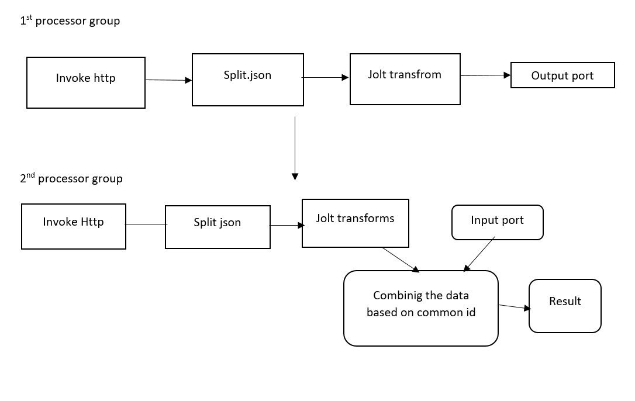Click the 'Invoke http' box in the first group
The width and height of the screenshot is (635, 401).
(86, 82)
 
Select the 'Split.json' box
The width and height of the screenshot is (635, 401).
(248, 80)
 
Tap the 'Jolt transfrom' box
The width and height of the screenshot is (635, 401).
(405, 79)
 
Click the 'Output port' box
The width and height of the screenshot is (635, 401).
(562, 75)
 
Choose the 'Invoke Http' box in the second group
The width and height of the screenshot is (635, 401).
(74, 226)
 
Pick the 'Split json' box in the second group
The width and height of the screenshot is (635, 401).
(218, 227)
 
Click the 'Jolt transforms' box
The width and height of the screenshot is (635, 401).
(355, 223)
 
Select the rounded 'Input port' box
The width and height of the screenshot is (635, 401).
(497, 222)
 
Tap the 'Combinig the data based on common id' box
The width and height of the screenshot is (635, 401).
(421, 308)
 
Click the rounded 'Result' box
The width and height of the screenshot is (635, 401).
(565, 306)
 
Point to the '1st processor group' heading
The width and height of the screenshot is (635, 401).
(70, 21)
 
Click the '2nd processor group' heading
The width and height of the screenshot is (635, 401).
(71, 178)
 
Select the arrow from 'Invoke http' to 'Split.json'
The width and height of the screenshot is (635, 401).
(168, 80)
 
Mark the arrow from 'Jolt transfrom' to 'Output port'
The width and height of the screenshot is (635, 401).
(485, 75)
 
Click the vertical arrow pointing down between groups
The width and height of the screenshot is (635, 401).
(295, 148)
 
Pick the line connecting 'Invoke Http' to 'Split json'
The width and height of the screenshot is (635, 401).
(146, 224)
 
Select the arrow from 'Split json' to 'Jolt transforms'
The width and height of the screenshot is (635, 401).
(287, 225)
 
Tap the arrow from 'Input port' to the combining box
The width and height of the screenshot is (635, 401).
(479, 254)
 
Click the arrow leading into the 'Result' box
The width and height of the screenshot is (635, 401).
(514, 307)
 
